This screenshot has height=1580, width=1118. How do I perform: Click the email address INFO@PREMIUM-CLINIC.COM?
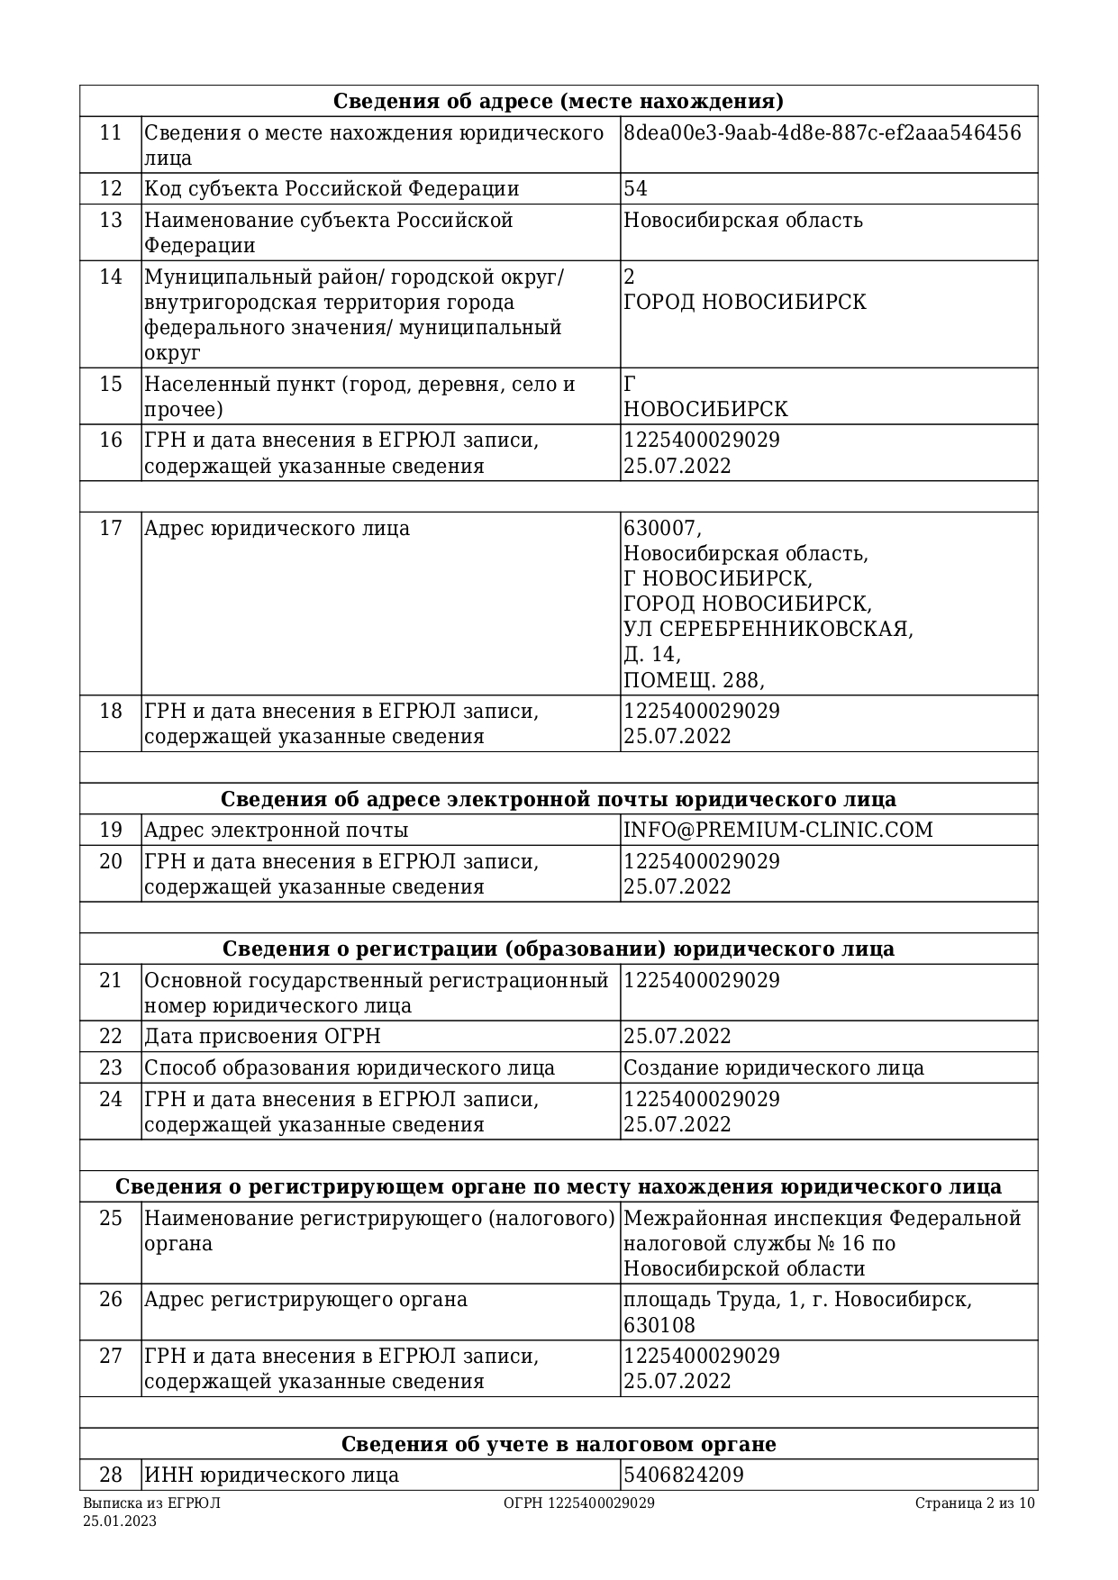(777, 830)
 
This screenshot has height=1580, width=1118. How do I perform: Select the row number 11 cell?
(110, 133)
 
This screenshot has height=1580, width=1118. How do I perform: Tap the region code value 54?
(635, 189)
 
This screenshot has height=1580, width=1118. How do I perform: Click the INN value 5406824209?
(683, 1475)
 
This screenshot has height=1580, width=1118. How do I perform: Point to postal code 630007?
(661, 528)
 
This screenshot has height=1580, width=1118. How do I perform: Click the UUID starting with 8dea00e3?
(822, 133)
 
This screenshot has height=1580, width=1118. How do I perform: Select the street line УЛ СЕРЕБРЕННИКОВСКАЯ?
(768, 629)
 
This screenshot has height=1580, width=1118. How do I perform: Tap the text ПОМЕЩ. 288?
(693, 679)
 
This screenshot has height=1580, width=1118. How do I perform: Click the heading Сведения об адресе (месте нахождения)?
(558, 101)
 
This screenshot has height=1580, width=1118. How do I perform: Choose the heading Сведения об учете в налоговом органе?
(558, 1444)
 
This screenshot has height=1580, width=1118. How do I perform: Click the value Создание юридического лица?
(773, 1067)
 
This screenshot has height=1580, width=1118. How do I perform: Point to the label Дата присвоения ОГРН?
(262, 1036)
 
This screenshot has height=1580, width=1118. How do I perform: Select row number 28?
(110, 1475)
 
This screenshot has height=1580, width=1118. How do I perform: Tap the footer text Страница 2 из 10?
(975, 1503)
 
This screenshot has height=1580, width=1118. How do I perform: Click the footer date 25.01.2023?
(120, 1521)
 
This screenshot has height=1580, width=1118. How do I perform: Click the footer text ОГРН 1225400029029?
(578, 1503)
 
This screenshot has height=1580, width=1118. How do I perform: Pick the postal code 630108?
(659, 1325)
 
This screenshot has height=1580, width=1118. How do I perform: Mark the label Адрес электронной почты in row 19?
(276, 830)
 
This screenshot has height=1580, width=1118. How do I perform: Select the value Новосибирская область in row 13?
(742, 221)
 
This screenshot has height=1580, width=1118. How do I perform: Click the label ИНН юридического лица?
(271, 1475)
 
